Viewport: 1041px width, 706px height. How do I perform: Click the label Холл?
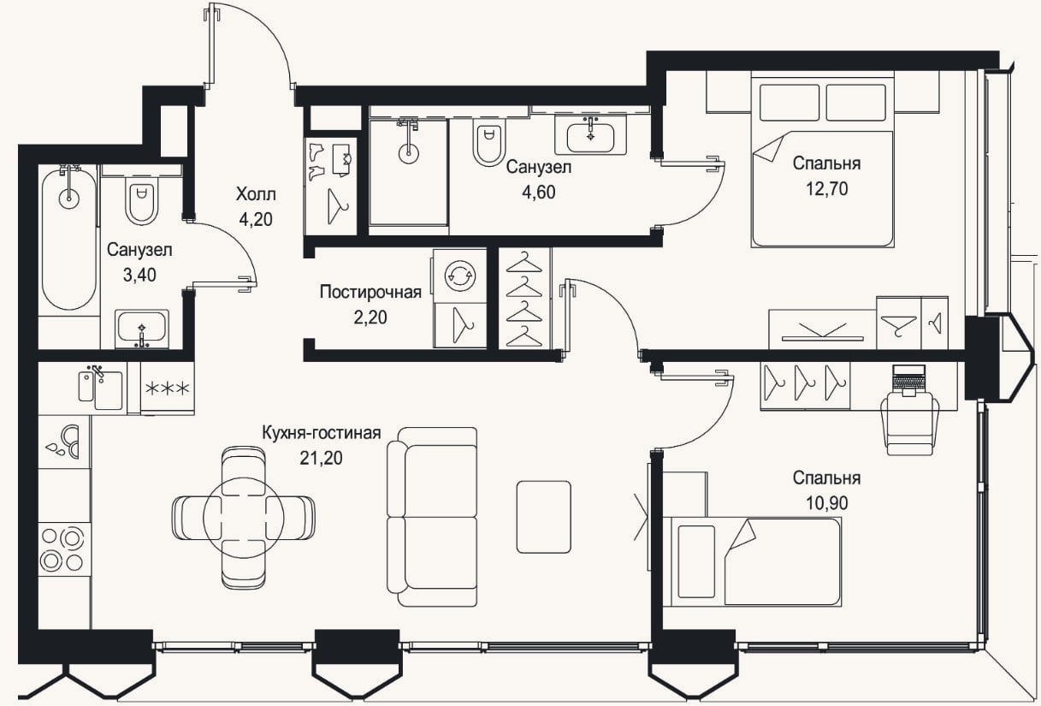(x=256, y=194)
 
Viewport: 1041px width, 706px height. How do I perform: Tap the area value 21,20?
(x=321, y=458)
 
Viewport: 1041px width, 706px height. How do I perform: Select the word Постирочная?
(x=371, y=292)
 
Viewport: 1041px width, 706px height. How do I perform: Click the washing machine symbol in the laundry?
(x=460, y=276)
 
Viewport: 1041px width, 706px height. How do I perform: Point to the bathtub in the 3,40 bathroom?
(x=68, y=237)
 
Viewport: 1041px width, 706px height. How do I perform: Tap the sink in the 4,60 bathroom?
(x=590, y=136)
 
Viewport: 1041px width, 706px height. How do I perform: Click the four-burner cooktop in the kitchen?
(x=64, y=549)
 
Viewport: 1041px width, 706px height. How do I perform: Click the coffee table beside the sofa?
(x=544, y=517)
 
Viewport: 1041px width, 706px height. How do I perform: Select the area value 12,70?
(x=827, y=189)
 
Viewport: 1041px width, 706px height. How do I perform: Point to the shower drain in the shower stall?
(x=409, y=152)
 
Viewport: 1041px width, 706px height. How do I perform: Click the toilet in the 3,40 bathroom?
(x=142, y=202)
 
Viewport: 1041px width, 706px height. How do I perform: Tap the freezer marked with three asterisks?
(x=168, y=389)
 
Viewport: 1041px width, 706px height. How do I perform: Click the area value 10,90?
(x=827, y=503)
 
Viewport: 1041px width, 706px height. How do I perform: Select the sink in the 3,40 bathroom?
(x=142, y=329)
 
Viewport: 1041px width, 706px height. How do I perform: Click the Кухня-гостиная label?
(x=322, y=432)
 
